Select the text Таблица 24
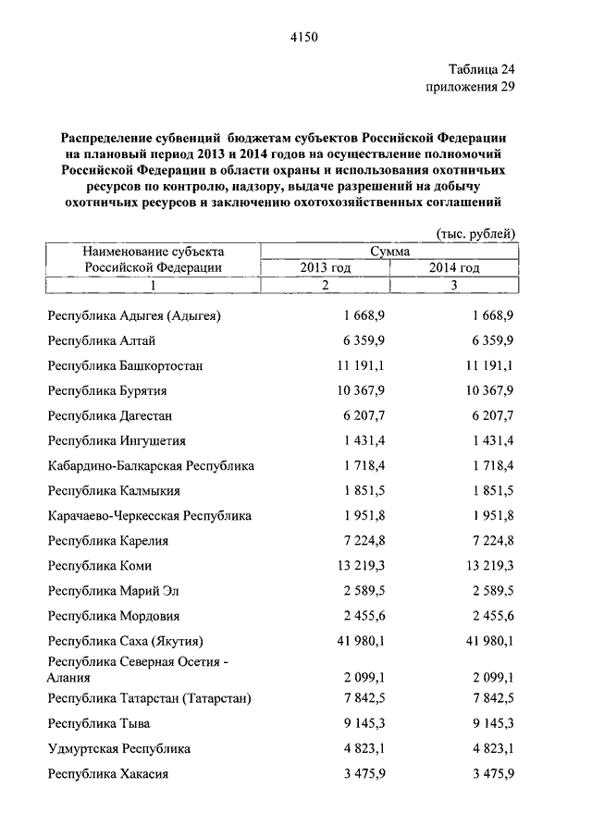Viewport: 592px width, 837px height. point(481,70)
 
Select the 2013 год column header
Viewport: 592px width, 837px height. point(325,268)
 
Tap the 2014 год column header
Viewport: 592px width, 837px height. point(454,268)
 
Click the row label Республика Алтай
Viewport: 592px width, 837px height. point(95,340)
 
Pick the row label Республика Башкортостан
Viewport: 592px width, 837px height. point(125,365)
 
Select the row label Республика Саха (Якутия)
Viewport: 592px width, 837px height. point(125,640)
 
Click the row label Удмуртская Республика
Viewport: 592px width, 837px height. point(119,748)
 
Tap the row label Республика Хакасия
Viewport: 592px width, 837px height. point(107,773)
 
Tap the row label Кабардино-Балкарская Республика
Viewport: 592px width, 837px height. point(151,465)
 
